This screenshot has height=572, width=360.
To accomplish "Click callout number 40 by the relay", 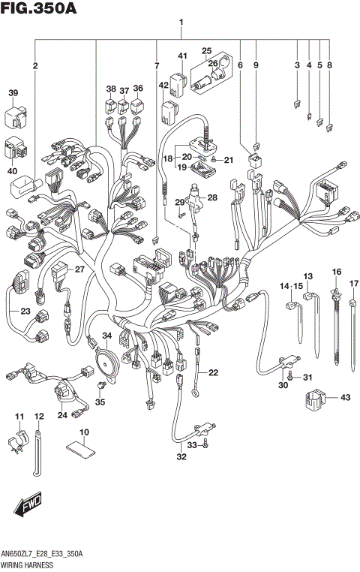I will (x=13, y=171).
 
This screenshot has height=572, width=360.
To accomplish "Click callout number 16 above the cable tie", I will (x=337, y=272).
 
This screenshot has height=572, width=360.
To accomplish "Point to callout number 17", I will (x=353, y=284).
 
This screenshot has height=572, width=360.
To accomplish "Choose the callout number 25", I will (x=207, y=51).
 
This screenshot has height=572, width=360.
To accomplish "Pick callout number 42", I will (x=163, y=86).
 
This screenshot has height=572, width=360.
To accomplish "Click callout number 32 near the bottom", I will (x=181, y=457).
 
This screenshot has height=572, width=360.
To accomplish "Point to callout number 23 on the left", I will (x=25, y=312).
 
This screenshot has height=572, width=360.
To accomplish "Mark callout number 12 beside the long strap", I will (x=39, y=416).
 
